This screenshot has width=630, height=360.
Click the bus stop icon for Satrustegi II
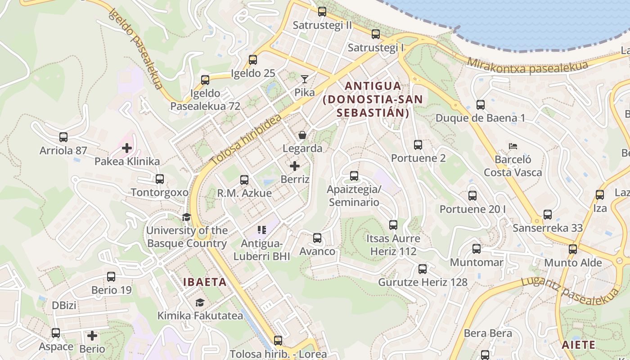pyautogui.click(x=322, y=12)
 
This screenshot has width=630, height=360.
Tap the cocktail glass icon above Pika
pyautogui.click(x=305, y=79)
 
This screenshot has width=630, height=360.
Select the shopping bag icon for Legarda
pyautogui.click(x=302, y=135)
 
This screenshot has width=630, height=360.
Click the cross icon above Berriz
pyautogui.click(x=295, y=166)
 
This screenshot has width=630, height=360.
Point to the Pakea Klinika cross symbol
pyautogui.click(x=127, y=148)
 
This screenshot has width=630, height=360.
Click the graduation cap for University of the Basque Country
pyautogui.click(x=186, y=217)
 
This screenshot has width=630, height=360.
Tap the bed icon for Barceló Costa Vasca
pyautogui.click(x=513, y=146)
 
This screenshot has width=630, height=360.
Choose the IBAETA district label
pyautogui.click(x=205, y=282)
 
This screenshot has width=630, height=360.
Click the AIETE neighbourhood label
pyautogui.click(x=578, y=345)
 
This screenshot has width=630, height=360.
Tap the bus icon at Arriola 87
pyautogui.click(x=63, y=137)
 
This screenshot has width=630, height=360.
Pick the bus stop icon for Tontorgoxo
pyautogui.click(x=159, y=179)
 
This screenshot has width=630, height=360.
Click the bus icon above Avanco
pyautogui.click(x=317, y=238)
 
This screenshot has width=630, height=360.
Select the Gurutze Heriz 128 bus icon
pyautogui.click(x=422, y=269)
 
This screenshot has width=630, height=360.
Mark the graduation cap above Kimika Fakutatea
pyautogui.click(x=200, y=302)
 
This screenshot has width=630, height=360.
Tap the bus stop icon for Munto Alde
pyautogui.click(x=572, y=249)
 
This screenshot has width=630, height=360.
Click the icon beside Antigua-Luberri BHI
pyautogui.click(x=262, y=230)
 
